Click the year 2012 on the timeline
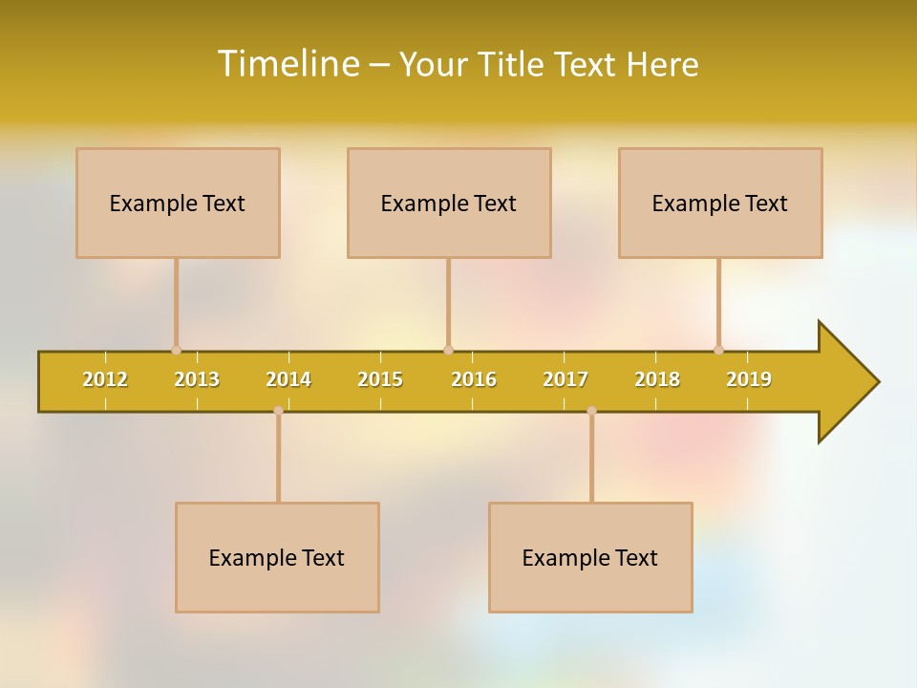105,379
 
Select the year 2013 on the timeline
197,379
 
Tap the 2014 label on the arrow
288,379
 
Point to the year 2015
380,379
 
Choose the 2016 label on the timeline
474,379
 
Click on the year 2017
565,379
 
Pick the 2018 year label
657,379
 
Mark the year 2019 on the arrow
749,379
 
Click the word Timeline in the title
288,64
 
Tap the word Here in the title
662,64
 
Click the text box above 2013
178,203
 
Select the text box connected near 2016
449,203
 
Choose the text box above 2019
720,203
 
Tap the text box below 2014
277,557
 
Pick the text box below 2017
590,557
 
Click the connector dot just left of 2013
176,350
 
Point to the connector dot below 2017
591,411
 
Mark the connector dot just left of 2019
718,350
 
